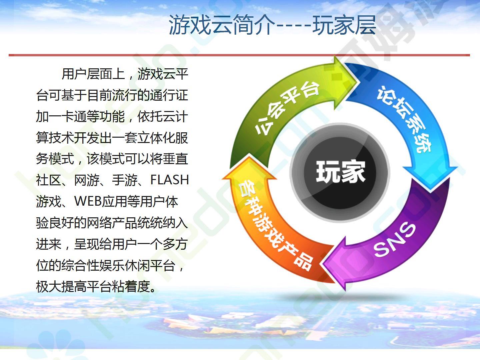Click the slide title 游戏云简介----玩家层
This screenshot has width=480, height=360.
click(272, 25)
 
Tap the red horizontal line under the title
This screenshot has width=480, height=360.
click(239, 55)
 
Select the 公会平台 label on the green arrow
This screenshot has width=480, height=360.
click(286, 107)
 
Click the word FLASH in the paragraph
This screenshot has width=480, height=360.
click(169, 180)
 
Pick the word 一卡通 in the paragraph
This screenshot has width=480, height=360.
click(61, 116)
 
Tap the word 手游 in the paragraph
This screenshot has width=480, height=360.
click(125, 180)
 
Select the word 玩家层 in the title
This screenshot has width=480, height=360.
click(344, 25)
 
